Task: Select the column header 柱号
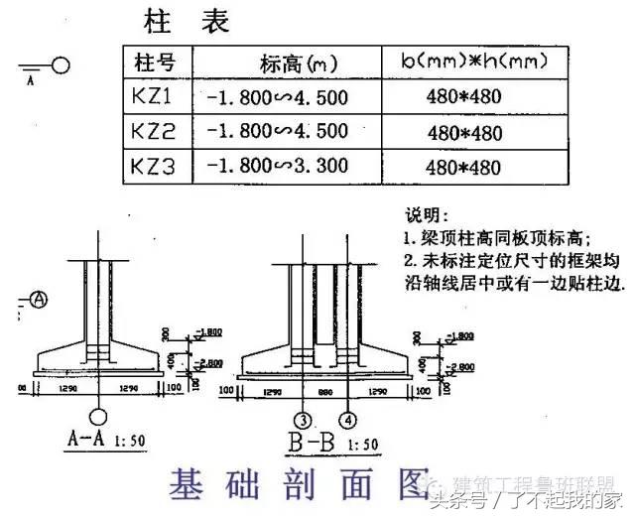coord(155,63)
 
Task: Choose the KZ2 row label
coord(154,130)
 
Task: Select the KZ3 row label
coord(154,165)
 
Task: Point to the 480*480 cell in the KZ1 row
coord(464,97)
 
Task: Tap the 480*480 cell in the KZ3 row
coord(464,166)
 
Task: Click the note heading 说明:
coord(425,215)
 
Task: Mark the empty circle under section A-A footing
coord(98,417)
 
